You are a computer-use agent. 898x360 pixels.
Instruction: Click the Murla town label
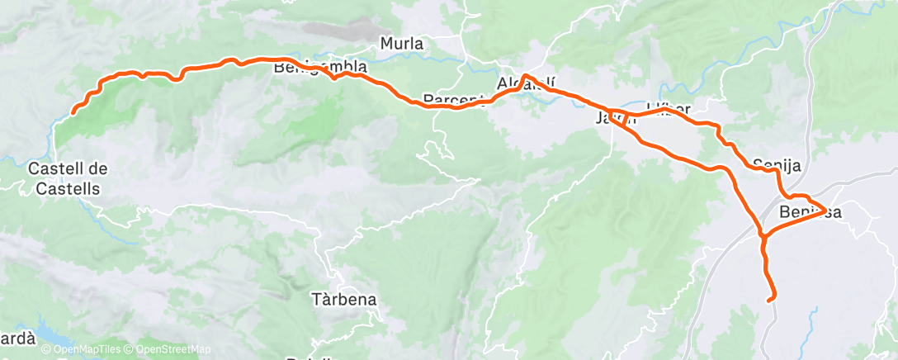pyautogui.click(x=402, y=43)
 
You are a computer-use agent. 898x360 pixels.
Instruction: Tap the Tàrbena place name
pyautogui.click(x=345, y=299)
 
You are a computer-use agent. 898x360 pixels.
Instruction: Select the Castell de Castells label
pyautogui.click(x=68, y=178)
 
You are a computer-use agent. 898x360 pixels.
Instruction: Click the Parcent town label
pyautogui.click(x=451, y=100)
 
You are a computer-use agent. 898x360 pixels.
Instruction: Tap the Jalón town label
pyautogui.click(x=615, y=119)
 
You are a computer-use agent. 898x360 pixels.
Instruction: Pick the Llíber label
pyautogui.click(x=669, y=107)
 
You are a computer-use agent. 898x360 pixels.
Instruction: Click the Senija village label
pyautogui.click(x=778, y=166)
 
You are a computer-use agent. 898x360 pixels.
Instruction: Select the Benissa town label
pyautogui.click(x=810, y=212)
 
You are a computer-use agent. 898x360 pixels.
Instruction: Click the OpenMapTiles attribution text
pyautogui.click(x=83, y=350)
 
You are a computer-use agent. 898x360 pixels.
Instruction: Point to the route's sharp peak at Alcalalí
pyautogui.click(x=525, y=77)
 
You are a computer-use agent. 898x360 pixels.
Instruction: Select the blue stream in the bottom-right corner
pyautogui.click(x=813, y=318)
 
